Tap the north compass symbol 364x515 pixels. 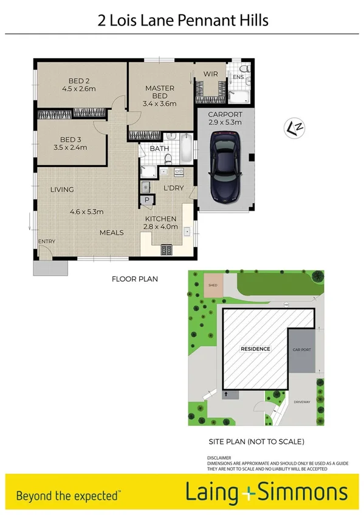296,127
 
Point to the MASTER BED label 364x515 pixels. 159,88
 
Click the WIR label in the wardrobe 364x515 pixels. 211,74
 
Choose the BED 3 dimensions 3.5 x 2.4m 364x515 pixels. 70,147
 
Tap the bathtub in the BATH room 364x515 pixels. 185,146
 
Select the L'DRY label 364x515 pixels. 173,189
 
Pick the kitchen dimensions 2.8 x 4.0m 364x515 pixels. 161,227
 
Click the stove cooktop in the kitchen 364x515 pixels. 167,249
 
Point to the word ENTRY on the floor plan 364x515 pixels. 47,242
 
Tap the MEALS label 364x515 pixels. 112,233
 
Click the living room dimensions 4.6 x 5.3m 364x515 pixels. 87,212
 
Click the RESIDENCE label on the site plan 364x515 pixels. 255,349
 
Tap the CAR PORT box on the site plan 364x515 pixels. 301,350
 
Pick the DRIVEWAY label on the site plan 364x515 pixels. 302,402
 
